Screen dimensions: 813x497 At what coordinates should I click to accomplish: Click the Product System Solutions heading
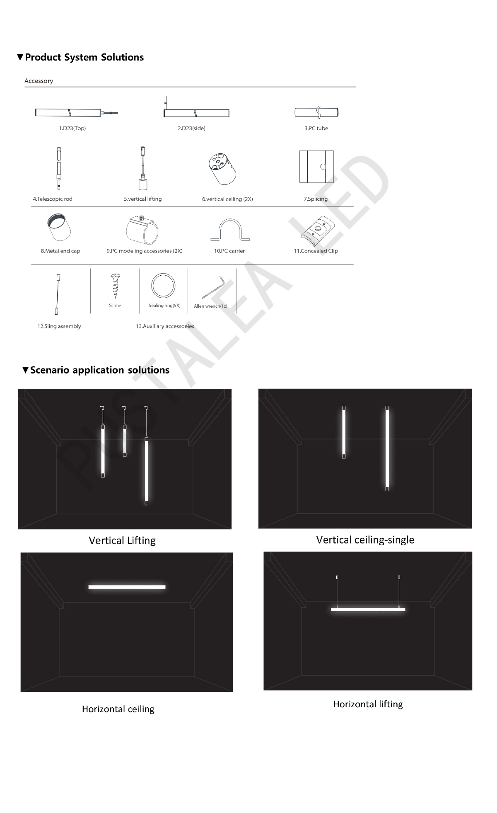(84, 57)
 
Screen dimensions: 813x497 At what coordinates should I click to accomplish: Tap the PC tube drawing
(316, 112)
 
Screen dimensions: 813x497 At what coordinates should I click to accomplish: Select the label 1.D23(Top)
(72, 128)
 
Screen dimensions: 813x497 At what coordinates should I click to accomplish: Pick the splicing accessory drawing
(316, 167)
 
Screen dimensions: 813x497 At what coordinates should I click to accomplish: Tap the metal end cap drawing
(59, 227)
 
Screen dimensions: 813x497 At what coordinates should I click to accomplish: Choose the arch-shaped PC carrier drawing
(230, 230)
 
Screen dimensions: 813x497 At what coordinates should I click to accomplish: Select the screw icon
(115, 286)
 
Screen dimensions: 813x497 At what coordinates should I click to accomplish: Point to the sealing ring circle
(163, 286)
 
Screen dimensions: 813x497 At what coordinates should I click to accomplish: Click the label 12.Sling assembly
(59, 326)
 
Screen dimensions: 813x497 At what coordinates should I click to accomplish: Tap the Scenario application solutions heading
(99, 370)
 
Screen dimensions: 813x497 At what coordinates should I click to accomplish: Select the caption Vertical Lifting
(122, 541)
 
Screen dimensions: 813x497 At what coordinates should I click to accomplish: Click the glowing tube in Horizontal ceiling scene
(127, 587)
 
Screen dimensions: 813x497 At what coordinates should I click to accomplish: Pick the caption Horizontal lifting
(368, 704)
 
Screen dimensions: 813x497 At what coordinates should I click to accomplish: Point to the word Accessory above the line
(39, 81)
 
